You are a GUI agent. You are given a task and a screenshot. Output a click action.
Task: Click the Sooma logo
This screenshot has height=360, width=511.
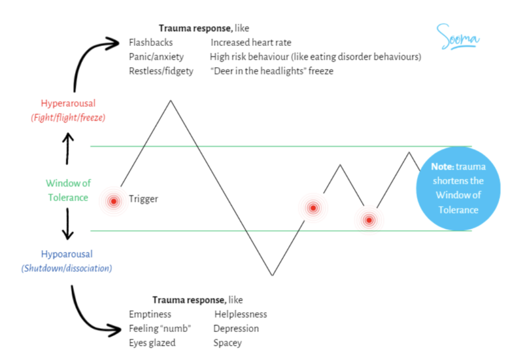click(x=458, y=37)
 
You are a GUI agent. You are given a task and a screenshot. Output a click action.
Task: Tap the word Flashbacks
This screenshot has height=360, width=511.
click(x=151, y=43)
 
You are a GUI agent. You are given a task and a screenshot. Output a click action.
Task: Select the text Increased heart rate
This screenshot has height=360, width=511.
click(x=247, y=43)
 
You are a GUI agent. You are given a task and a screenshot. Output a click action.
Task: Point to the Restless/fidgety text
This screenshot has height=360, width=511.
click(x=161, y=71)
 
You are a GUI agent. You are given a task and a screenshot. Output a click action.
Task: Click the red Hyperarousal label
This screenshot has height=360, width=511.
click(x=68, y=103)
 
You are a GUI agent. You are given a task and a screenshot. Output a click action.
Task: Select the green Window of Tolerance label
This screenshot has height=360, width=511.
click(x=68, y=190)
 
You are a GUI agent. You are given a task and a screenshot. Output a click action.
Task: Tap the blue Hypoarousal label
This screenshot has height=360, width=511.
click(x=67, y=254)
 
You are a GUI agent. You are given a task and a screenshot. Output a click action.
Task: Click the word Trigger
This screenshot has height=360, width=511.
click(x=143, y=199)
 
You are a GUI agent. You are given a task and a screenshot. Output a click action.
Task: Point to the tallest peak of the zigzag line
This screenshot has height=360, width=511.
click(x=171, y=100)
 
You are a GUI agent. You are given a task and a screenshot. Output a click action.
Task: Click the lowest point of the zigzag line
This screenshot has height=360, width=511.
click(x=272, y=275)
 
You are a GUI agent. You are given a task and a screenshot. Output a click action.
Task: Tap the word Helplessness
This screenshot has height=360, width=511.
click(x=240, y=314)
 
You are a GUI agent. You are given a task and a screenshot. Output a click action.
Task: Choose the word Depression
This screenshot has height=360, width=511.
click(x=236, y=329)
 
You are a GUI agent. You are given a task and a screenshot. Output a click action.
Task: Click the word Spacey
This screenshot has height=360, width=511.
click(x=228, y=343)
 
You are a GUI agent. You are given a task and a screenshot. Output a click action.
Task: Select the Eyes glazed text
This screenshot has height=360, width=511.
click(x=152, y=343)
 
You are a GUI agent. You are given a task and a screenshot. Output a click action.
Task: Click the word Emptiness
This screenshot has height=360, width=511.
click(x=150, y=314)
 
